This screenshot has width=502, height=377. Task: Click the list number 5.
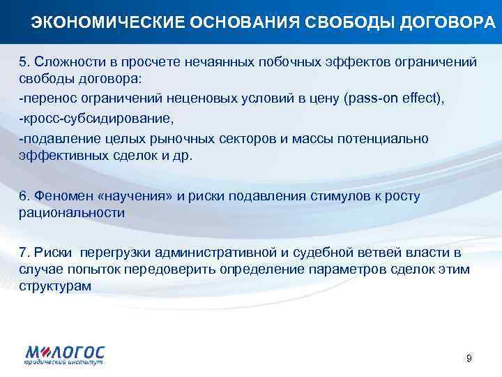pos(23,62)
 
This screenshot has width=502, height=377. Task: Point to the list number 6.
pos(23,197)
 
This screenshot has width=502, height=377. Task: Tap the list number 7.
pos(23,252)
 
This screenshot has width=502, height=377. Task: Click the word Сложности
pos(63,62)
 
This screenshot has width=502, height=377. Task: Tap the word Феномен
pos(59,197)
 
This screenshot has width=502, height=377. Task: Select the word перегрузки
pos(119,252)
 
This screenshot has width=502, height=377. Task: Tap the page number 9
pos(469,358)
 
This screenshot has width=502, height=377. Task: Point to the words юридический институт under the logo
pos(64,364)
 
